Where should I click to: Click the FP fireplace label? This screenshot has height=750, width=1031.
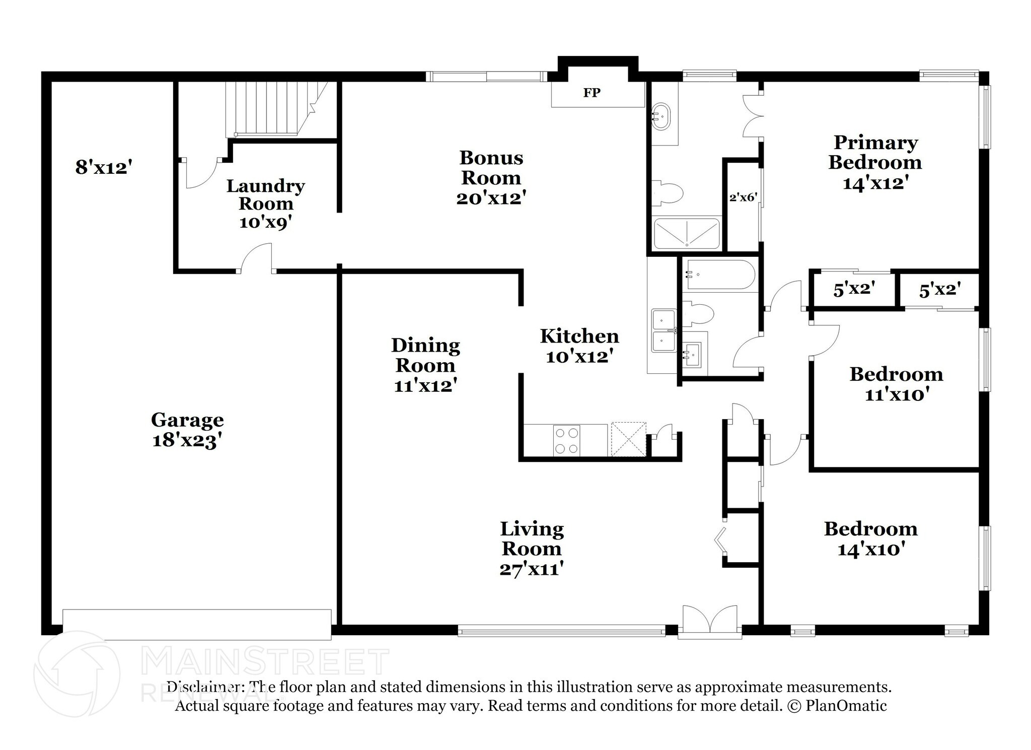coord(592,93)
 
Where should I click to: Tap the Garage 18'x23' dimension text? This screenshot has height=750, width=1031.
coord(187,441)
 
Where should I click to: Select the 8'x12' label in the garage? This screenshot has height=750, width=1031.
coord(104,167)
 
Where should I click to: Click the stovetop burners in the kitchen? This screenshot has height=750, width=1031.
coord(566,440)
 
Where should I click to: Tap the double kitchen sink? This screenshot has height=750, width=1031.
coord(663,331)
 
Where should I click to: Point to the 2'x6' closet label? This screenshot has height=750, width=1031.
coord(743,197)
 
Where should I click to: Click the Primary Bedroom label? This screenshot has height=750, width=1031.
coord(875,153)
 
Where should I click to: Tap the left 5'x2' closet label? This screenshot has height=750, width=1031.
coord(854,290)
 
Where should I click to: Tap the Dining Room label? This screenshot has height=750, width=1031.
coord(425,355)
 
